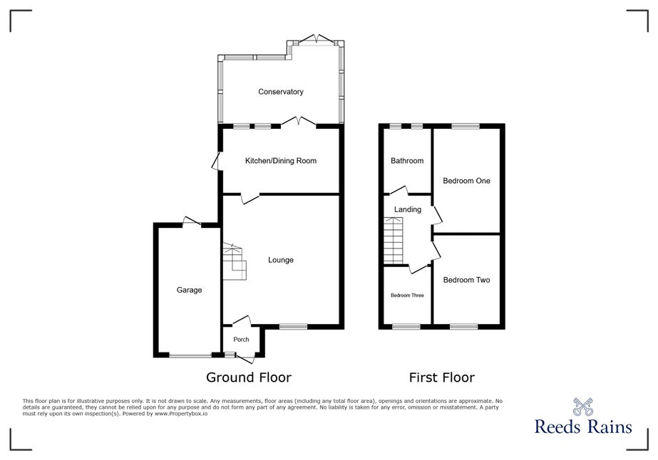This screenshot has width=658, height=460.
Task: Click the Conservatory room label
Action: [x=281, y=92]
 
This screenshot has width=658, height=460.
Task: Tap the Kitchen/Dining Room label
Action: [x=281, y=161]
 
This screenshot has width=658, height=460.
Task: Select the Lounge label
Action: [x=281, y=260]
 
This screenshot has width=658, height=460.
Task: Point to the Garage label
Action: [x=189, y=291]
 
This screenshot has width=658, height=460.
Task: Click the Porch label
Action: [x=241, y=340]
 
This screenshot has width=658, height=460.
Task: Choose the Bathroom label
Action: [x=407, y=161]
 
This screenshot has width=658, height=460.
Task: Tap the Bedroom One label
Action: [x=467, y=181]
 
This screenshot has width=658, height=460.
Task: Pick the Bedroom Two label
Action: [x=467, y=280]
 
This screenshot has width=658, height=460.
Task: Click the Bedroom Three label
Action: [x=407, y=296]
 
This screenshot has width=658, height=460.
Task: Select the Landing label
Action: [x=408, y=209]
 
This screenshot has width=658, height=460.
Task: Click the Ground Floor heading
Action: [x=249, y=377]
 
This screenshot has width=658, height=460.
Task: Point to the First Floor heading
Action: [x=442, y=377]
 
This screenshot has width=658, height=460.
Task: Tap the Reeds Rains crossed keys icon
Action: [x=583, y=407]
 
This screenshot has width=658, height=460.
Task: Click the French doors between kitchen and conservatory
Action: [x=299, y=122]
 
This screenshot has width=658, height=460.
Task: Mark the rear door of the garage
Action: [x=192, y=222]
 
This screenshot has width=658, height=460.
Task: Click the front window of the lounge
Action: [x=293, y=327]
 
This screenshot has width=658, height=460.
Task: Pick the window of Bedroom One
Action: [x=466, y=126]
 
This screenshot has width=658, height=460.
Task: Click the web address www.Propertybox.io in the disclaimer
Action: [x=181, y=414]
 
